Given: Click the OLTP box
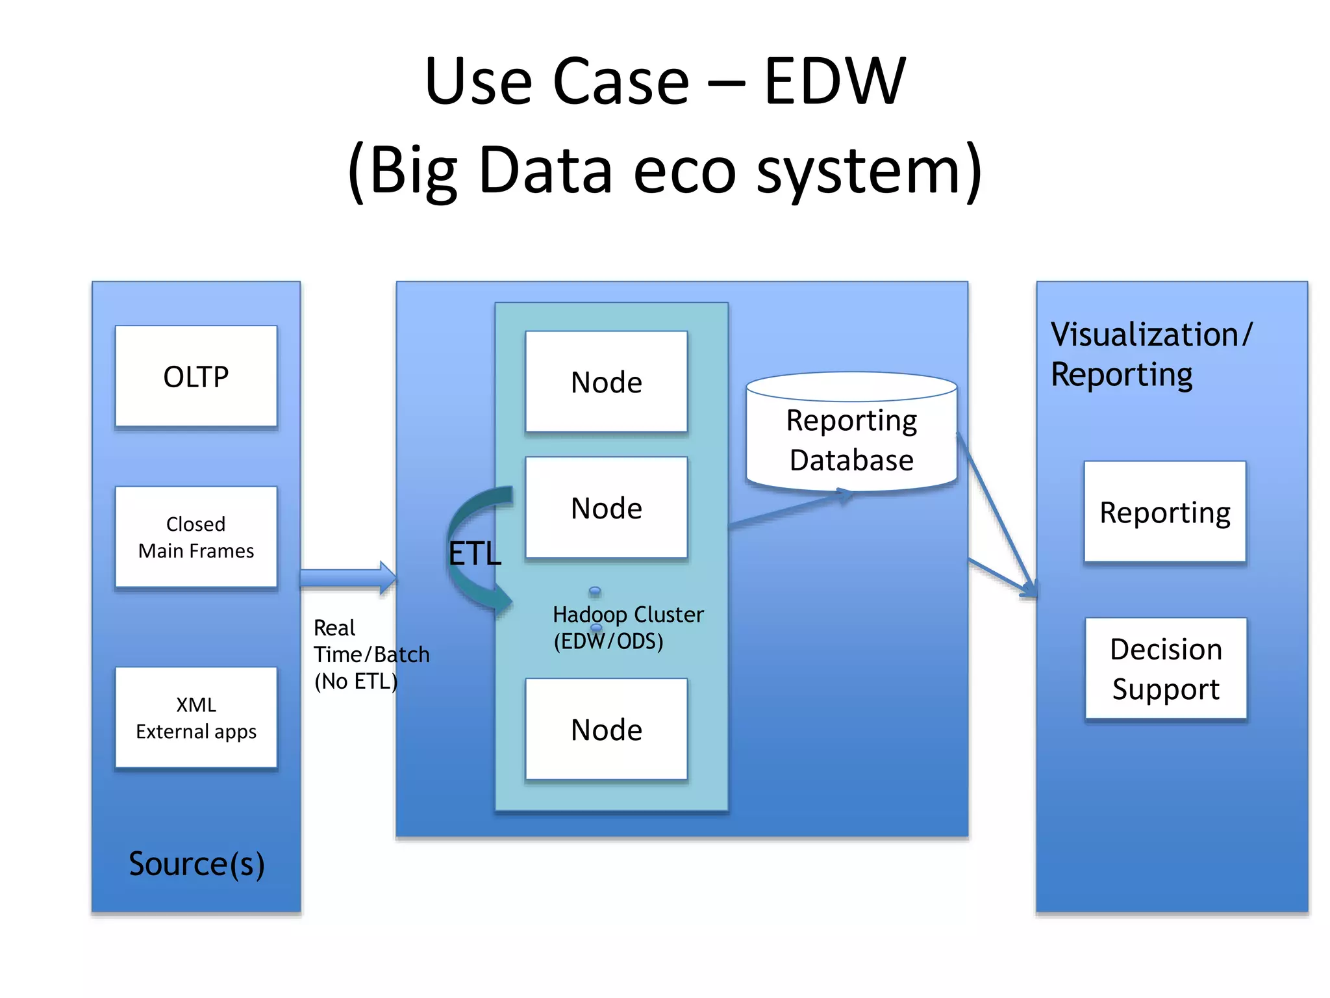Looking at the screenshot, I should (x=195, y=376).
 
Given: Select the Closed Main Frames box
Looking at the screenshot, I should (x=195, y=537).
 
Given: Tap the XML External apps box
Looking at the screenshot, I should (x=195, y=717).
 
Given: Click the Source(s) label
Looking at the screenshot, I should (x=196, y=864).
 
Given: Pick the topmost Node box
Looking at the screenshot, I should (x=606, y=381).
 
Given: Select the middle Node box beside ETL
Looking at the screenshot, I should (x=606, y=507).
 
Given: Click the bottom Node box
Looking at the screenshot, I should (x=606, y=729).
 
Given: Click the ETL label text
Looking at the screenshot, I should (x=475, y=554).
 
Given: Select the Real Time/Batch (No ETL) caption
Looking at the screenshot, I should (x=370, y=654).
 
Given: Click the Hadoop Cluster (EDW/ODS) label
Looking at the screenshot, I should (x=627, y=628).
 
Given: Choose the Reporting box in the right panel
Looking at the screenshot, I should (x=1164, y=512).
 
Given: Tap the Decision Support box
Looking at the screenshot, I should (x=1166, y=668).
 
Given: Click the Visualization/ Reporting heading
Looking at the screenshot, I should (x=1150, y=354).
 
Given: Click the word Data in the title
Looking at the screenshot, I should (x=546, y=170).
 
